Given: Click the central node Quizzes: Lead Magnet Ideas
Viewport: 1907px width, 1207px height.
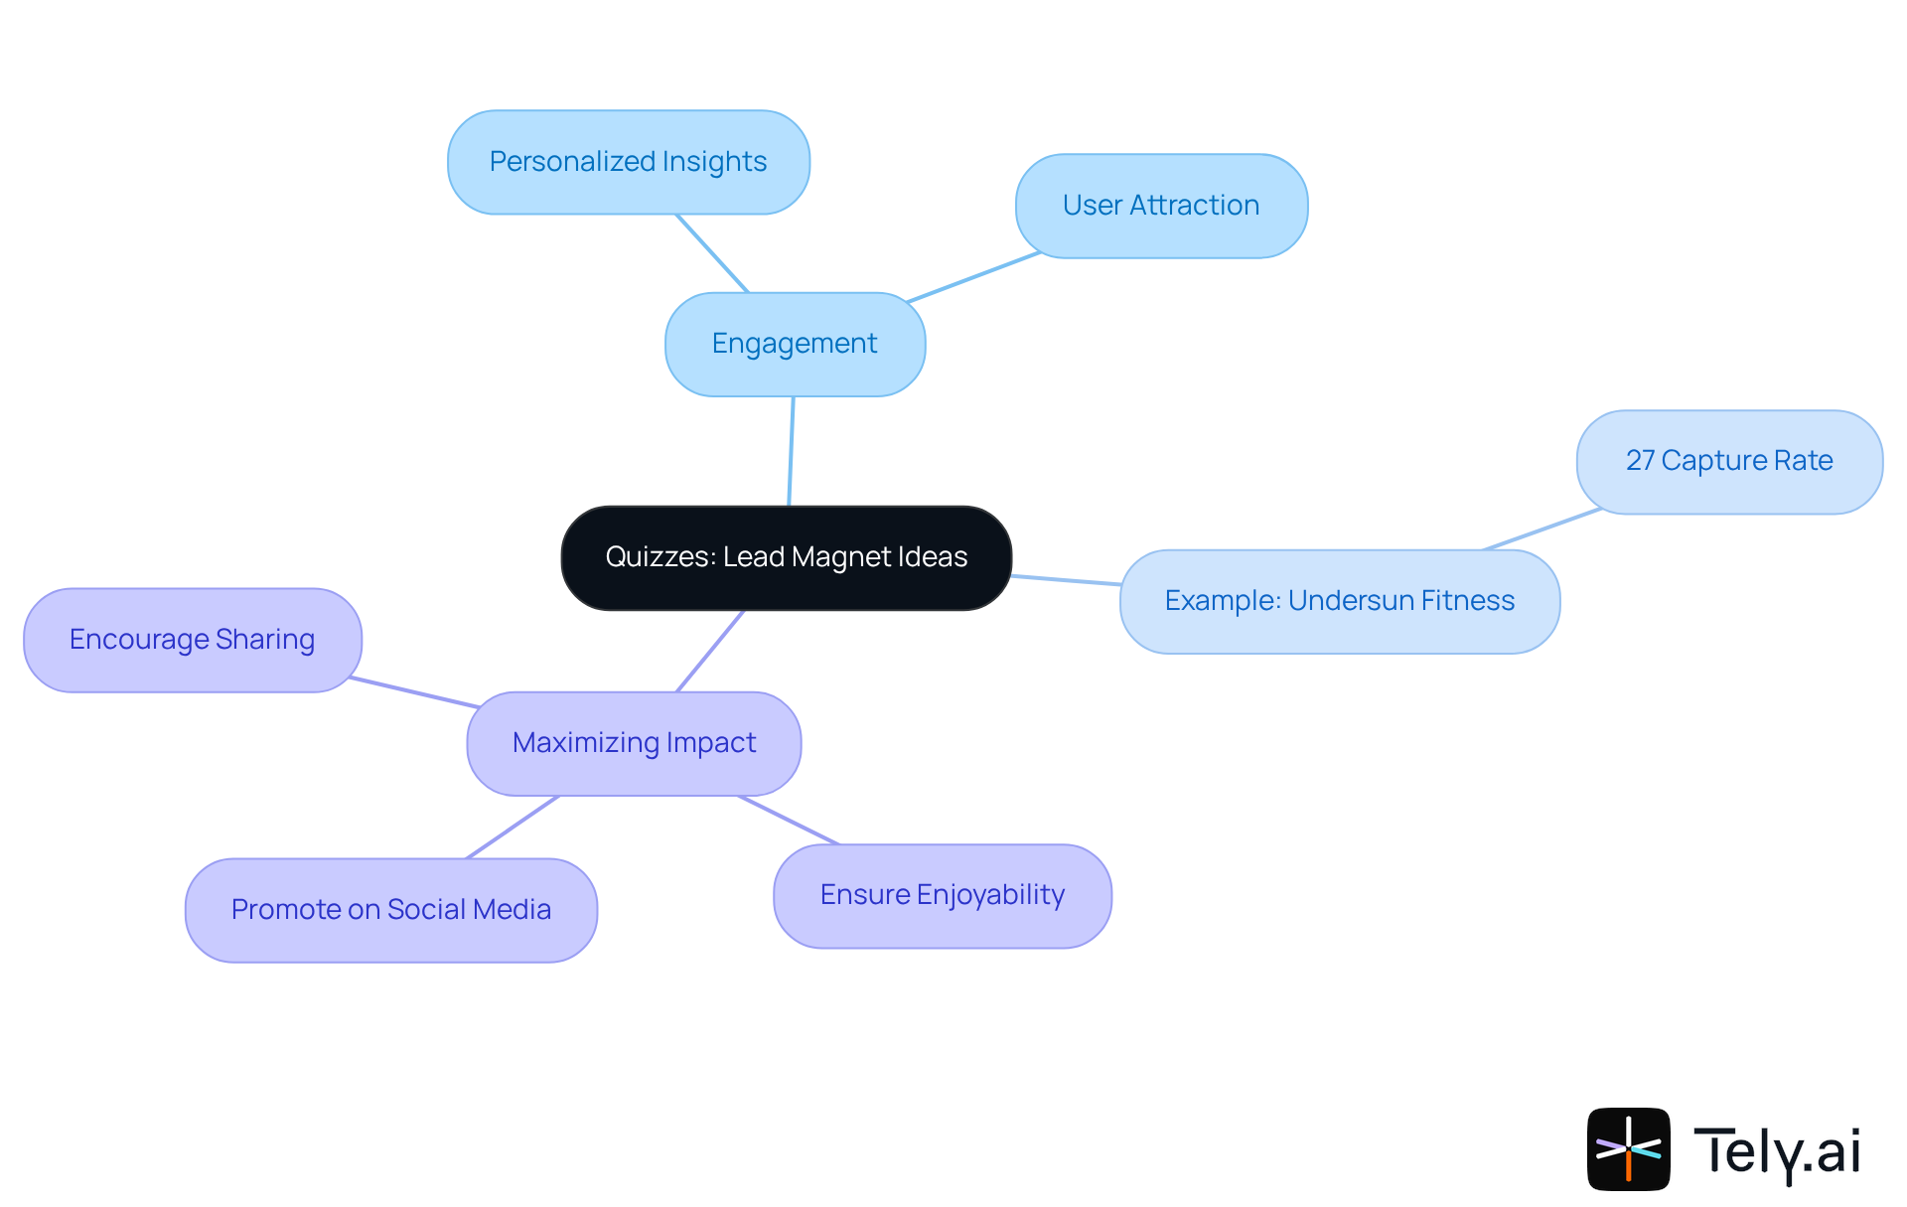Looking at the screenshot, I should [786, 557].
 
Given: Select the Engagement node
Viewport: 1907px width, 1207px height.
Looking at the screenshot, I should [795, 344].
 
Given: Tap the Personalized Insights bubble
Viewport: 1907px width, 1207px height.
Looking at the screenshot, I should [628, 162].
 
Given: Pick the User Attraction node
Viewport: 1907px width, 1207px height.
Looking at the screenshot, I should [1161, 206].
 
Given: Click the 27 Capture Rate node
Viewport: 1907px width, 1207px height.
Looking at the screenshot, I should [1729, 461].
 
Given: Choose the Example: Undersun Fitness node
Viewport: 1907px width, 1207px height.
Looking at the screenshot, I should [1339, 601].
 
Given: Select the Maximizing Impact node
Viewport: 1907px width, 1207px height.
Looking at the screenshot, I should [634, 743].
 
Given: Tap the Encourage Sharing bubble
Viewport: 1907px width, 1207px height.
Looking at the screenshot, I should [192, 640].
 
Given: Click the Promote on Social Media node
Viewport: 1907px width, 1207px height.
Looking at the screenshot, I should [390, 910].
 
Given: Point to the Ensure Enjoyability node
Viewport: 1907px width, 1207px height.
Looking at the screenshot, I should [942, 895].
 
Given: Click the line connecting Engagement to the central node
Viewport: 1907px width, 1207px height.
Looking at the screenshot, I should [792, 452].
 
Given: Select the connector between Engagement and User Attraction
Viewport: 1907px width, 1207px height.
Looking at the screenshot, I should [973, 277].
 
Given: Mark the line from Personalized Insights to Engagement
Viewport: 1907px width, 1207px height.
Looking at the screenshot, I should [712, 253].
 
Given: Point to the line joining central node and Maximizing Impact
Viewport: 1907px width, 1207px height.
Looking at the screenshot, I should [710, 651].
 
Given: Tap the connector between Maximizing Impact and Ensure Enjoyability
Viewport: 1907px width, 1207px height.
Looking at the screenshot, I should [789, 821].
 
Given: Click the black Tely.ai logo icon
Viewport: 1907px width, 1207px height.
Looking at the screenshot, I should [1628, 1149].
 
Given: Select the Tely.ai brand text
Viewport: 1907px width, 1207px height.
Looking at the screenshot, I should [1777, 1151].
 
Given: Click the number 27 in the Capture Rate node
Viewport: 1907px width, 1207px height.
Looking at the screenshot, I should [1640, 461].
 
